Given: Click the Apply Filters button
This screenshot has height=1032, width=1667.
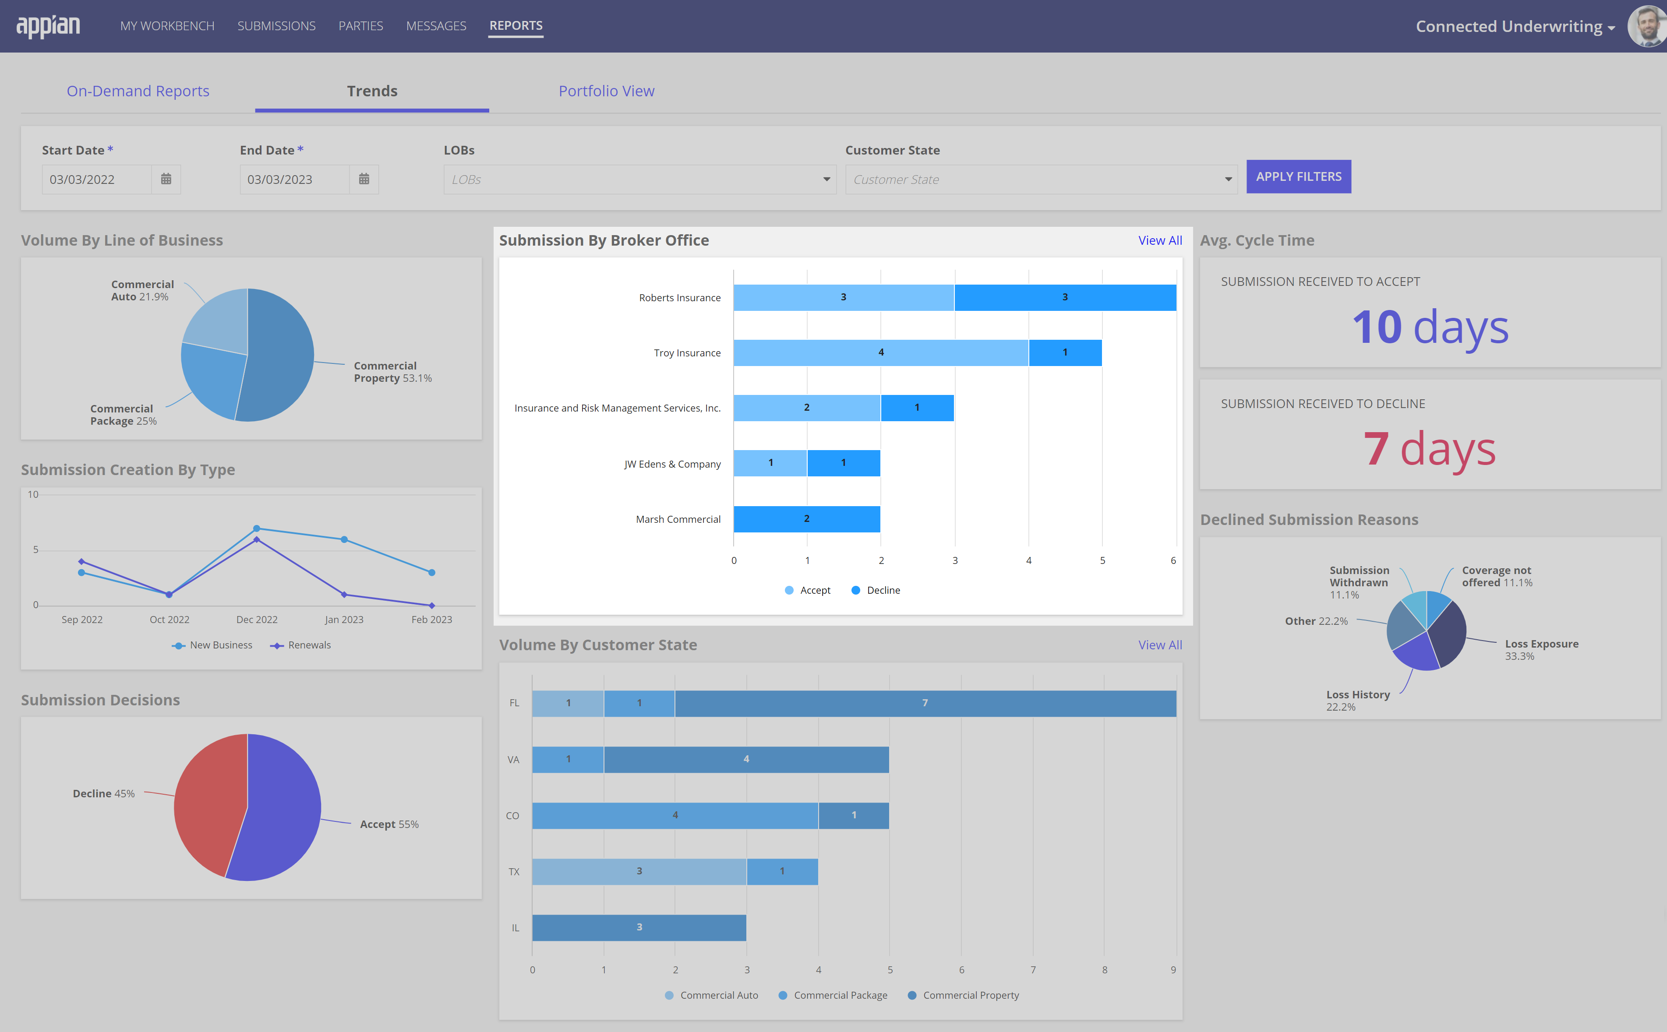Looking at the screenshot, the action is click(1298, 177).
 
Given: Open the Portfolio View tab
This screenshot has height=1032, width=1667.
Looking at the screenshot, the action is click(606, 91).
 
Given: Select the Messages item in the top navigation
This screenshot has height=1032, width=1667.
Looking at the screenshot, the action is click(436, 26).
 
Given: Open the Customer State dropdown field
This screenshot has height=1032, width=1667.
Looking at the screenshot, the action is click(1041, 180).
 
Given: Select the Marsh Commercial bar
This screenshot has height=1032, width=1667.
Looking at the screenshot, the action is click(807, 519).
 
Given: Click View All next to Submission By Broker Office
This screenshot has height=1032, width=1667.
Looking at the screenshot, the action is click(1160, 240).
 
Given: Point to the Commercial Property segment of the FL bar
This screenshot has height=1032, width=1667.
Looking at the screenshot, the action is click(925, 703).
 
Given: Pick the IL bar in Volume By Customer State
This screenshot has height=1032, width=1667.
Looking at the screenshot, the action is click(639, 927).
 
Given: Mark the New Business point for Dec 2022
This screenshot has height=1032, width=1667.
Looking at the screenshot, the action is click(257, 528).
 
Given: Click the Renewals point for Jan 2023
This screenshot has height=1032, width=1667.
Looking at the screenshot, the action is click(344, 595).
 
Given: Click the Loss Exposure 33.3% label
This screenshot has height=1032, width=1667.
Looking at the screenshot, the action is click(1541, 650).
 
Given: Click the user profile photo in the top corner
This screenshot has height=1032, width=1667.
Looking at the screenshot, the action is click(1647, 26).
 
